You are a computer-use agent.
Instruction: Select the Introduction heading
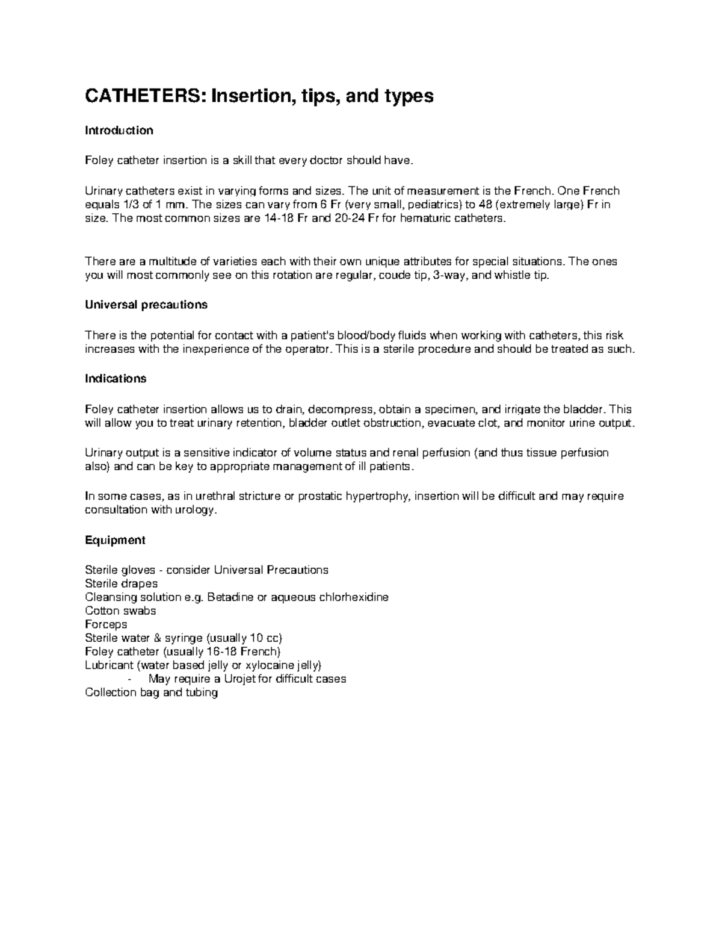119,131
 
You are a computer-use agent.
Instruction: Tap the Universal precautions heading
146,305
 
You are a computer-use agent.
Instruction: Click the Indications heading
116,379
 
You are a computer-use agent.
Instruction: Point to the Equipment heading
115,540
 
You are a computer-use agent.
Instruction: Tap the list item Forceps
106,624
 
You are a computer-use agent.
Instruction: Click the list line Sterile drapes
122,583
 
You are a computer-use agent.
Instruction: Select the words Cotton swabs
120,610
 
